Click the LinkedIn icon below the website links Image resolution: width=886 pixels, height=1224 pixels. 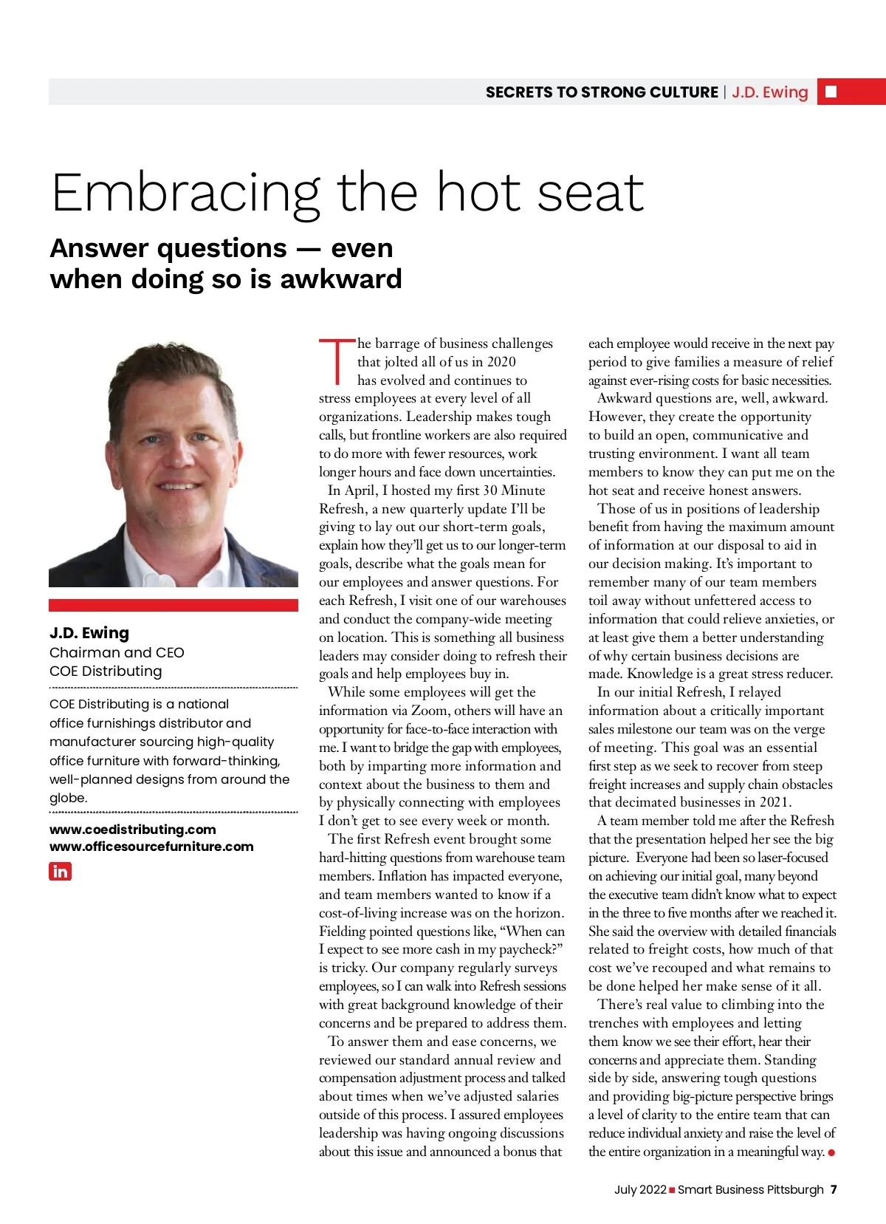(x=60, y=872)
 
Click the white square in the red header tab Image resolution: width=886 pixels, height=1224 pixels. (x=831, y=92)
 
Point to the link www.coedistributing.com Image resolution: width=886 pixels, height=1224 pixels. (x=133, y=830)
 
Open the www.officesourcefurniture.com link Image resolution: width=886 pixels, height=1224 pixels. (x=151, y=847)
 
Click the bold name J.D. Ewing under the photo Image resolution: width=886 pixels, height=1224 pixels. (x=89, y=633)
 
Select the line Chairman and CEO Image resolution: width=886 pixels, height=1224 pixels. (x=117, y=652)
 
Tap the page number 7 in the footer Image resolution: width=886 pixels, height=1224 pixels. (x=834, y=1189)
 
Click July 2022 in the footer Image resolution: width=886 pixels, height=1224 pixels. (x=640, y=1189)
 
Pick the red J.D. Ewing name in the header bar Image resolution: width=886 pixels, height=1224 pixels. (x=770, y=92)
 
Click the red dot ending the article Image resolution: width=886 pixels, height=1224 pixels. (x=832, y=1152)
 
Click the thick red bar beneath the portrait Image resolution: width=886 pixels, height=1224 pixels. (x=174, y=605)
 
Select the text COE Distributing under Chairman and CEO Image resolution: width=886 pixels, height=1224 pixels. (x=106, y=671)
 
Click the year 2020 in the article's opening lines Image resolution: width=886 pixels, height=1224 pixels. (x=501, y=362)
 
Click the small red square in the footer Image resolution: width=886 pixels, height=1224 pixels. (x=672, y=1189)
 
